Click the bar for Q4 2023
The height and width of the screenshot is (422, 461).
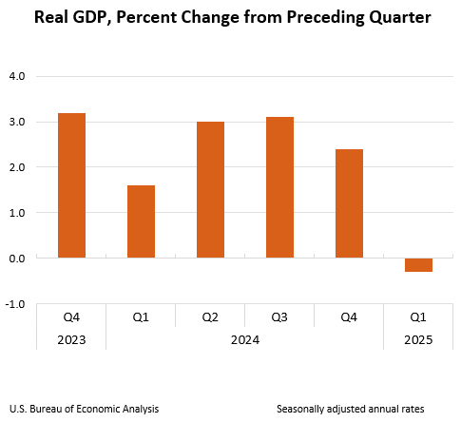[71, 185]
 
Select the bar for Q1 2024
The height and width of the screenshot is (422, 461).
[141, 221]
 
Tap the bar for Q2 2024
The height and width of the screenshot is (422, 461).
[210, 189]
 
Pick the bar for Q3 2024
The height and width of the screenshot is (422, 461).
[279, 187]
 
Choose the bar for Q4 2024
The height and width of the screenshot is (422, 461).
[349, 203]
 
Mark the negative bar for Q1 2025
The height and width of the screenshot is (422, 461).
[418, 264]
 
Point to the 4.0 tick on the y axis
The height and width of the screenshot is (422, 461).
[18, 76]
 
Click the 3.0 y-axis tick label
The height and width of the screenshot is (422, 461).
[18, 122]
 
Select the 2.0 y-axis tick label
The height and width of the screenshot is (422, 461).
[18, 167]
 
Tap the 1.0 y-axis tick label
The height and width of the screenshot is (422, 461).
[18, 213]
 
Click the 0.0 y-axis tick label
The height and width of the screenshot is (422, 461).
[18, 259]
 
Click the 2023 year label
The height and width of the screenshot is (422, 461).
[71, 338]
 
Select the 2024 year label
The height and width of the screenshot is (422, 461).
[244, 338]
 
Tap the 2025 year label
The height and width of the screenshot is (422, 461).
[418, 338]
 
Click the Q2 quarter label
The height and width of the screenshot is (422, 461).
[210, 316]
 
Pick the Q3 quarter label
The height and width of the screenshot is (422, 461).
[279, 316]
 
